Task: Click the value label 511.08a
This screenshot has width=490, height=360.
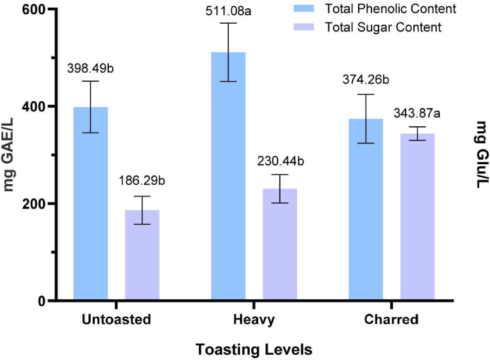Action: [x=229, y=12]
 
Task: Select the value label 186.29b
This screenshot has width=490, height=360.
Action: [x=142, y=182]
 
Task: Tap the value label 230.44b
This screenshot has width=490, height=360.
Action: [x=280, y=161]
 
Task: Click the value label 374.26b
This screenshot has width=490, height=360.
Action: [x=366, y=81]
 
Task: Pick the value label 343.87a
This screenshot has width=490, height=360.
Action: [x=417, y=114]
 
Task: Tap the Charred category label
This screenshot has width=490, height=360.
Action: [x=391, y=319]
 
